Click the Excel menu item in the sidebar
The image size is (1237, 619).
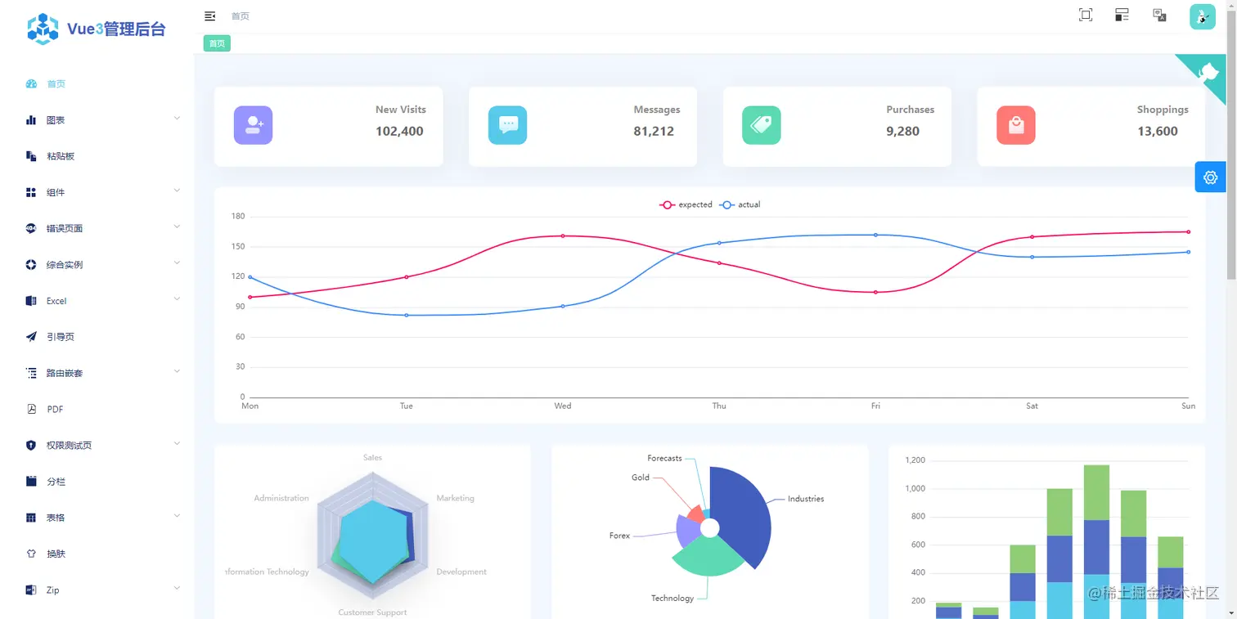(x=56, y=301)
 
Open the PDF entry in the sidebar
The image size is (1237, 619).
(x=55, y=410)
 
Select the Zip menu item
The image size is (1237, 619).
(x=52, y=590)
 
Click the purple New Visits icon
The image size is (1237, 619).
(x=253, y=125)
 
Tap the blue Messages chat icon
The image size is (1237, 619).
(x=507, y=125)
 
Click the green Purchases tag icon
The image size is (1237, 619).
(x=761, y=125)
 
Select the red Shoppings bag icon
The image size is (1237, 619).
(x=1015, y=125)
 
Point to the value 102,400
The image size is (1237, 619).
(x=399, y=131)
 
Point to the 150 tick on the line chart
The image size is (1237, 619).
(x=238, y=246)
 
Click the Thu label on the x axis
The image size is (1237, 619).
(x=718, y=406)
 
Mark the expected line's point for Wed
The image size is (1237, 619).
(x=563, y=235)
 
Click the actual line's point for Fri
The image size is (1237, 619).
(x=875, y=235)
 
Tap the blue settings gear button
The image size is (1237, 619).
(x=1210, y=177)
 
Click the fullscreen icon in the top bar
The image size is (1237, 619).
(x=1086, y=15)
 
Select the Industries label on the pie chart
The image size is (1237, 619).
(x=805, y=499)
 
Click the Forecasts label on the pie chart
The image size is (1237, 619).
(x=664, y=459)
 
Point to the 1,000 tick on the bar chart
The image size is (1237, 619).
(x=915, y=489)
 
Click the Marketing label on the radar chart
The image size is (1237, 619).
(x=455, y=498)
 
